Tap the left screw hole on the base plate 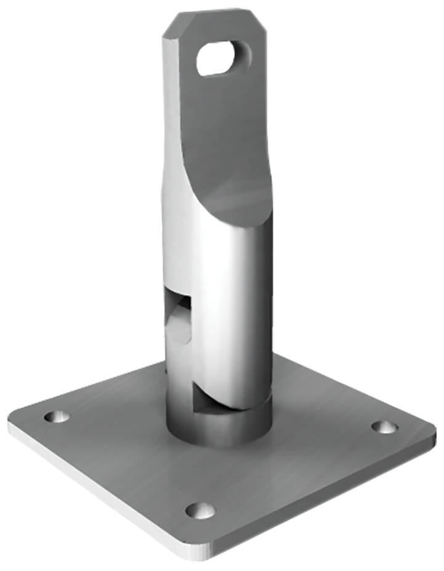point(57,416)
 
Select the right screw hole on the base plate point(384,427)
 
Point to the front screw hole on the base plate point(200,510)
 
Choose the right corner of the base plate point(431,428)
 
